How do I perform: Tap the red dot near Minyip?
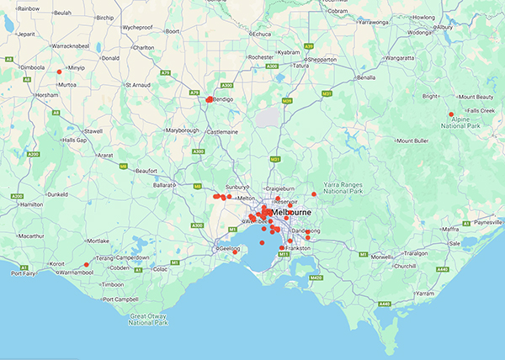coord(59,71)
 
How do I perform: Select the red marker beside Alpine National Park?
coord(451,114)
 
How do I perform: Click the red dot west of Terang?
coord(87,265)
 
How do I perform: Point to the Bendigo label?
coord(223,100)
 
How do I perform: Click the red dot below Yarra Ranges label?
coord(314,194)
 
